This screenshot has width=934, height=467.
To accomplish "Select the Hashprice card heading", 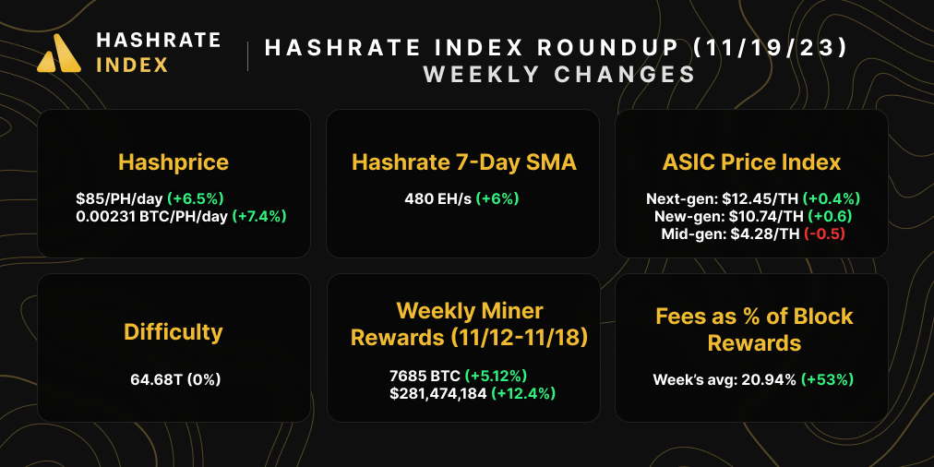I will [x=174, y=163].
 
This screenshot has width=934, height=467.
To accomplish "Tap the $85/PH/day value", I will [x=119, y=198].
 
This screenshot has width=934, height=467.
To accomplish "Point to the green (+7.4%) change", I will [x=259, y=216].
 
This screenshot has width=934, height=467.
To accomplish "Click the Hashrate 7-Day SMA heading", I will [x=463, y=163].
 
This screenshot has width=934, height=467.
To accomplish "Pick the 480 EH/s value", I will [x=437, y=198].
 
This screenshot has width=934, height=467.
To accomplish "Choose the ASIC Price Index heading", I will [x=751, y=163].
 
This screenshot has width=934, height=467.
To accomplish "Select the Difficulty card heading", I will [x=174, y=331].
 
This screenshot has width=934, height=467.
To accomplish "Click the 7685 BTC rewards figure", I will [x=425, y=376].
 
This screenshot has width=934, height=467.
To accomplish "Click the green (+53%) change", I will [x=828, y=378].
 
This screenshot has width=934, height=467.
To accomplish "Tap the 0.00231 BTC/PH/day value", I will [x=152, y=216].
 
